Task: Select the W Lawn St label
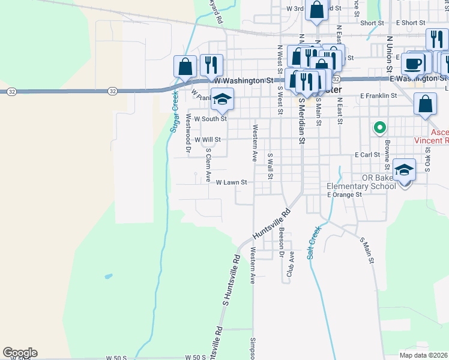point(231,182)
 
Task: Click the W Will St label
point(208,139)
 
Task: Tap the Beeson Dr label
point(281,242)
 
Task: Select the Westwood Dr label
point(188,133)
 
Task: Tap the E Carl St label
point(368,154)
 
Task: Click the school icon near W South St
point(222,100)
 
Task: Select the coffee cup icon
point(413,63)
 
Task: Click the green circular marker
point(379,127)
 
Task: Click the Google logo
point(20,353)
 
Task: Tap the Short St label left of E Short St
point(372,23)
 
